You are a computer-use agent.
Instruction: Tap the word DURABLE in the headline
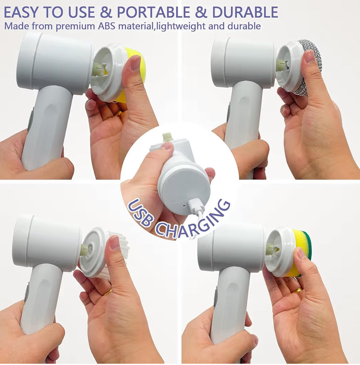[245, 12]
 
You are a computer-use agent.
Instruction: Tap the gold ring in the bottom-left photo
[108, 292]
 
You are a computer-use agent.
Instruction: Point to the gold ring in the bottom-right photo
[297, 290]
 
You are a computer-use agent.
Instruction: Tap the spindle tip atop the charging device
[167, 137]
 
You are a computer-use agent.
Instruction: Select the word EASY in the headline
[23, 12]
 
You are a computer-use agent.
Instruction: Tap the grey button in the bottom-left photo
[27, 293]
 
